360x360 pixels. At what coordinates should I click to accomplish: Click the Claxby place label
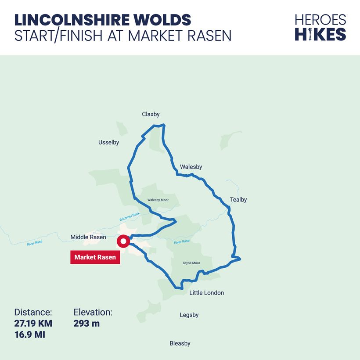coord(151,114)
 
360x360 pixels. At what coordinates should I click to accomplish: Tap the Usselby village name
coord(108,142)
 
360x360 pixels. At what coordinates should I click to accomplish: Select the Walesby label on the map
coord(191,167)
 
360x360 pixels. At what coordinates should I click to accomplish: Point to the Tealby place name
coord(238,200)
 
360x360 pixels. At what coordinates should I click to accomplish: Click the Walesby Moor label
coord(158,200)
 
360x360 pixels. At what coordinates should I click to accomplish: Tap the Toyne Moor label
coord(191,263)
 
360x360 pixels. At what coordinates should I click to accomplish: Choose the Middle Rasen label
coord(88,237)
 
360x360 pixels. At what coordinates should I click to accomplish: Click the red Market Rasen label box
coord(95,257)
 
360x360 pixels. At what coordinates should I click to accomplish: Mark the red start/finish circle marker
coord(123,241)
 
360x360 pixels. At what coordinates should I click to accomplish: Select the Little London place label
coord(206,293)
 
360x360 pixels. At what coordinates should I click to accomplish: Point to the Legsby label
coord(189,315)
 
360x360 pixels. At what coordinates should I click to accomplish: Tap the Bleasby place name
coord(180,343)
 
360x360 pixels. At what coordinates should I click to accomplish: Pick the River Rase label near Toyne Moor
coord(181,242)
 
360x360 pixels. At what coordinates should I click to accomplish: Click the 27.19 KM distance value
coord(33,324)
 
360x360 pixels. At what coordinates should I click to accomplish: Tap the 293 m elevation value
coord(86,324)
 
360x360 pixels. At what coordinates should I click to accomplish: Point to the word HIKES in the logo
coord(320,34)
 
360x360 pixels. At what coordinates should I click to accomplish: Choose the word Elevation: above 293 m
coord(93,313)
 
